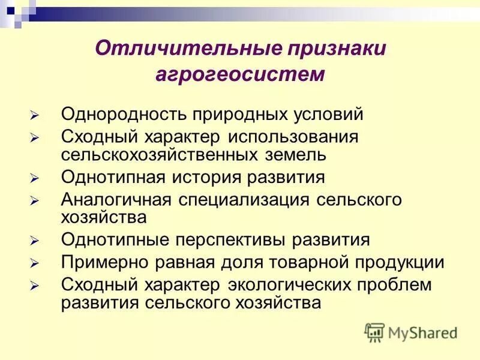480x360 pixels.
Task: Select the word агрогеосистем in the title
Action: click(x=241, y=75)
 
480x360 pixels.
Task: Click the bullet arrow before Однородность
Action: click(x=35, y=115)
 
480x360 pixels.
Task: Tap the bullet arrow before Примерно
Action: click(x=35, y=263)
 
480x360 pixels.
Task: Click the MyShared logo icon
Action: click(x=374, y=332)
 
